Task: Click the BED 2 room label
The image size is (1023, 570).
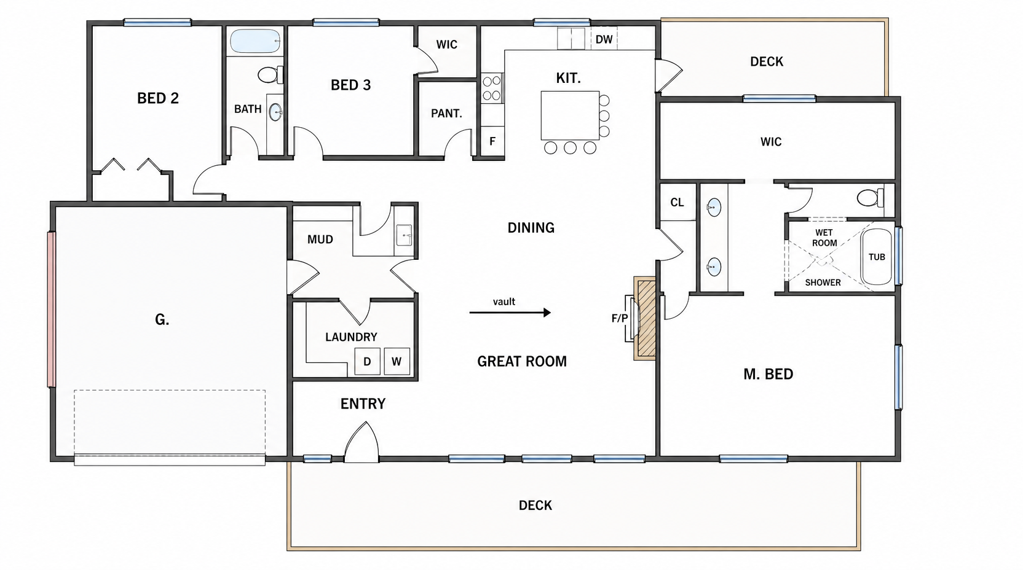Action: tap(158, 98)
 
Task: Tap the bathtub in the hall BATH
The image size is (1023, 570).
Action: tap(255, 41)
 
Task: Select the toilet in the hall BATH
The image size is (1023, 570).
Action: tap(271, 75)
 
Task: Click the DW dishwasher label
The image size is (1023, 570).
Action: tap(604, 39)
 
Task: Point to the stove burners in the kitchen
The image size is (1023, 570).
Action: tap(491, 88)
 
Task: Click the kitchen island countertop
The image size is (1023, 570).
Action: tap(570, 115)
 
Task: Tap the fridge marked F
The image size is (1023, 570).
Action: tap(492, 141)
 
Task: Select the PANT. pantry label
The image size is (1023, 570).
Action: tap(447, 113)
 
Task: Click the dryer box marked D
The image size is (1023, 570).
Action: tap(367, 361)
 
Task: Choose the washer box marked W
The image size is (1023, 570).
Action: tap(397, 361)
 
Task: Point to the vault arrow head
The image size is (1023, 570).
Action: tap(547, 313)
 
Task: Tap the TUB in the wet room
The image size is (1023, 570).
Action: tap(877, 257)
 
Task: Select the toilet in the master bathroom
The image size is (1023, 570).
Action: tap(870, 198)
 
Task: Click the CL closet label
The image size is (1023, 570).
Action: tap(677, 202)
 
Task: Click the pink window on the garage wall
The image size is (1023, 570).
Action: tap(52, 310)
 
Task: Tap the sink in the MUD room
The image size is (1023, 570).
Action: tap(404, 235)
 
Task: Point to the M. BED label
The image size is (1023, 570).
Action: tap(768, 374)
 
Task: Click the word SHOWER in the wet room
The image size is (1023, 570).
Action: tap(823, 283)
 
